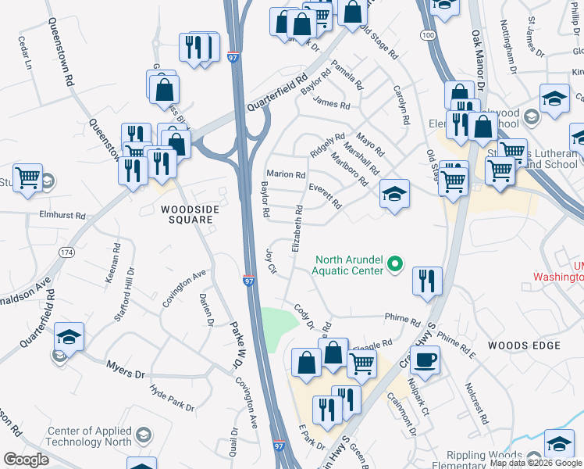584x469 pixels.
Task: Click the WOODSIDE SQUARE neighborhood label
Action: pos(187,214)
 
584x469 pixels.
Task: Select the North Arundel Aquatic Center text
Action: pos(348,265)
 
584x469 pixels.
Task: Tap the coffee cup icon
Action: pos(424,360)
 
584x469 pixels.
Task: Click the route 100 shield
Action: pos(427,35)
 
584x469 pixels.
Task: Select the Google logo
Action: pos(26,460)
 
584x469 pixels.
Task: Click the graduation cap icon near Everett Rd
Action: pos(395,194)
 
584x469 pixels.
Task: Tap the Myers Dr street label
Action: pos(126,367)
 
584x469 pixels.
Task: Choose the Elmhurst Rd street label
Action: pos(62,213)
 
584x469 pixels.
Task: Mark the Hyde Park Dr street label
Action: pos(172,397)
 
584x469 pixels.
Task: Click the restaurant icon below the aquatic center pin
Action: pos(426,281)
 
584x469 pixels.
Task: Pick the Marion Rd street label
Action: pos(284,174)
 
